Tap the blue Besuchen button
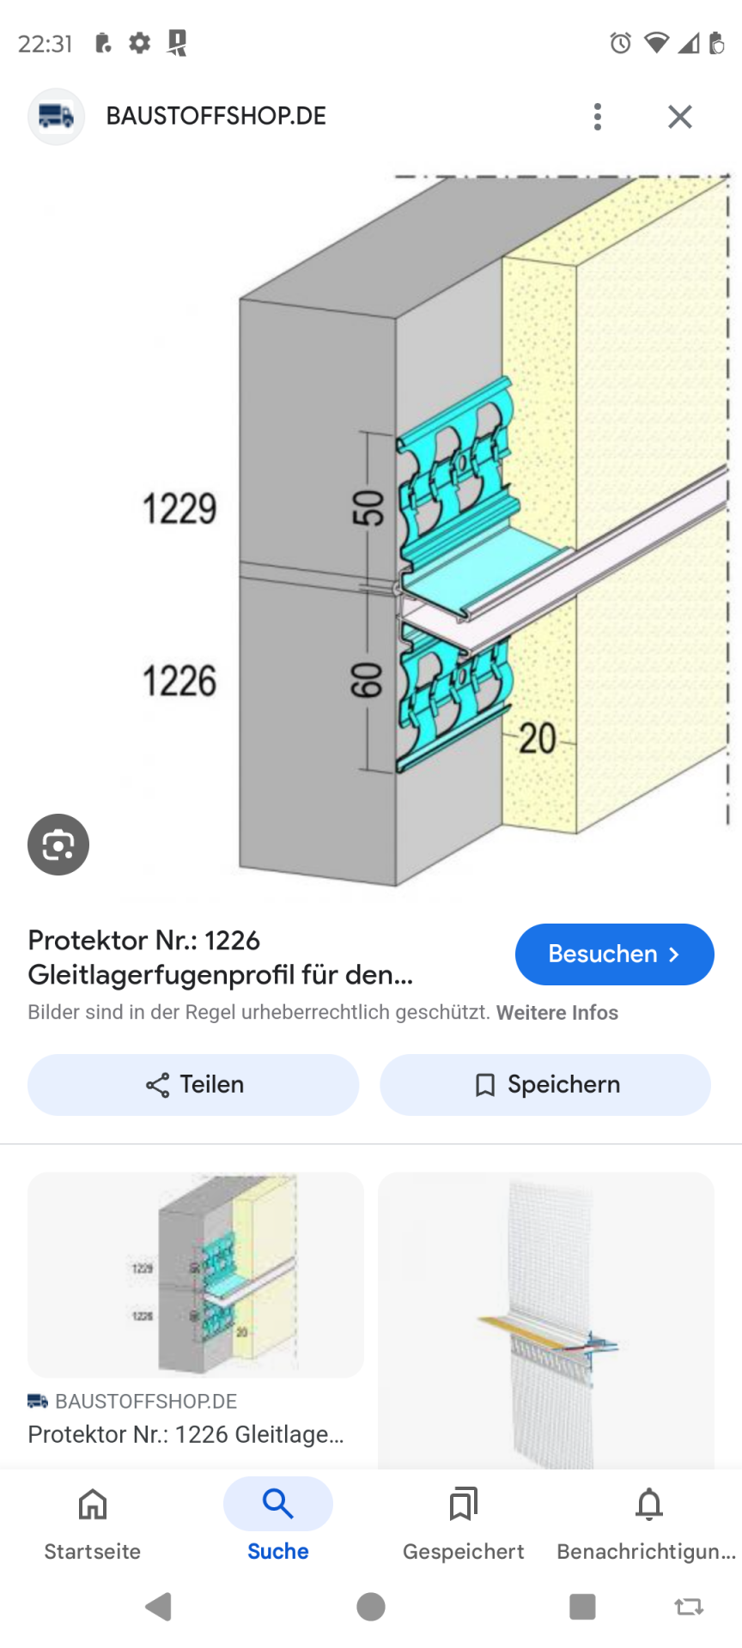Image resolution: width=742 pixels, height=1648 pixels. pos(614,954)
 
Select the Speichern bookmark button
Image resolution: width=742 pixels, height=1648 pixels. pos(545,1085)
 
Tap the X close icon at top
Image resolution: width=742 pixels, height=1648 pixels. pos(680,117)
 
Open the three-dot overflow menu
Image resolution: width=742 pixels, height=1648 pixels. pos(598,117)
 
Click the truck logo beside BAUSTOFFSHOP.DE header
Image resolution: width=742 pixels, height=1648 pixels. pos(57,117)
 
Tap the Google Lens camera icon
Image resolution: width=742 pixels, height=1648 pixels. pos(58,845)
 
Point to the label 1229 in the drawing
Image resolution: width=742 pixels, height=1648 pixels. pos(179,509)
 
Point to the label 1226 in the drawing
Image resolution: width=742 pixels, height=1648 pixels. pos(179,682)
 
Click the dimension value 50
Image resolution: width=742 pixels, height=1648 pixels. pos(368,507)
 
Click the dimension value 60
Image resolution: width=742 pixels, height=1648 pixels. pos(366,681)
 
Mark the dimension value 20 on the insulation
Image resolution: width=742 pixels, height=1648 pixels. pos(538,738)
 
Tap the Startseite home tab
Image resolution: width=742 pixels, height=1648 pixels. pos(93,1524)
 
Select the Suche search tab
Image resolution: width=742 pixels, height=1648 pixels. pos(278,1524)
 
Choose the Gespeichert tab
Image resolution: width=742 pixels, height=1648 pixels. pos(464,1524)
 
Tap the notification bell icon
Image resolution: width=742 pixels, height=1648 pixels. pos(649,1504)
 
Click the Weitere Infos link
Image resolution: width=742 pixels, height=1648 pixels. pos(557,1013)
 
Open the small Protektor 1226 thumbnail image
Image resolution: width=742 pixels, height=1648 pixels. pos(196,1275)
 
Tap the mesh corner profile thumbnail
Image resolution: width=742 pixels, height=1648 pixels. pos(546,1320)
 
